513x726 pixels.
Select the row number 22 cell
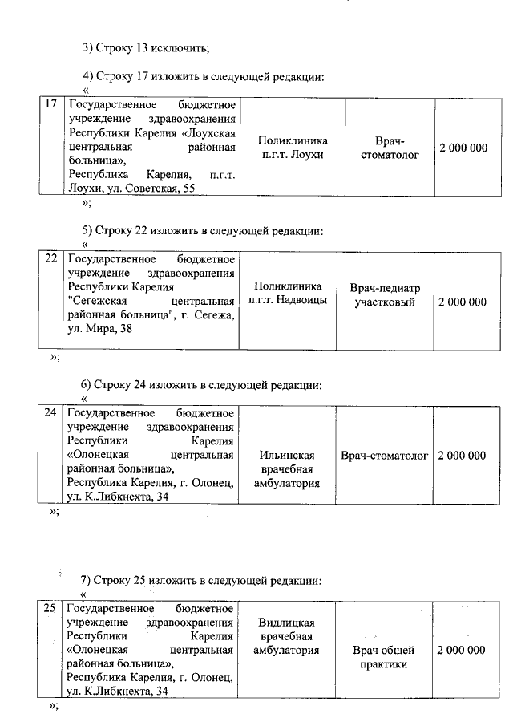tap(51, 259)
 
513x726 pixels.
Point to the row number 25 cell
tap(50, 609)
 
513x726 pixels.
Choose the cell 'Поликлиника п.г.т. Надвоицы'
tap(288, 294)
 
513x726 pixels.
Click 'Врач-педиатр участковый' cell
tap(385, 294)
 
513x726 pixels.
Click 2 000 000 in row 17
tap(463, 148)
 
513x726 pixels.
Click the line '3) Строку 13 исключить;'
tap(147, 47)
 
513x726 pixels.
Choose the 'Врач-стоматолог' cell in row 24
tap(385, 456)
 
